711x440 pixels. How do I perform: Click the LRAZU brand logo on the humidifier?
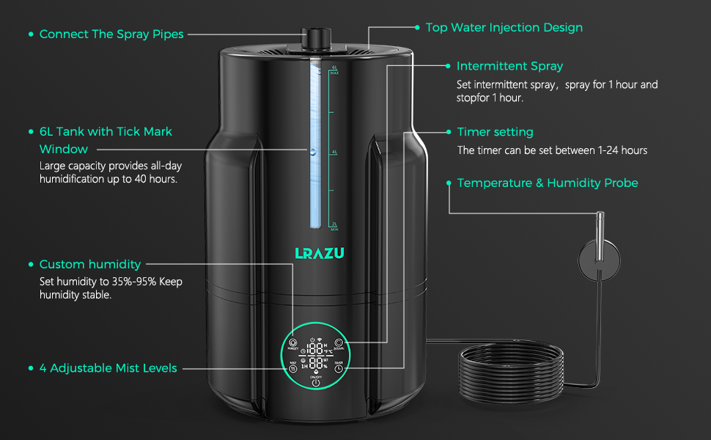319,253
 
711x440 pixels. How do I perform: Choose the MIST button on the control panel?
292,367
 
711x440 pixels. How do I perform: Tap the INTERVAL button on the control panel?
339,343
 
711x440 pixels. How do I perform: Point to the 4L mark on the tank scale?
334,152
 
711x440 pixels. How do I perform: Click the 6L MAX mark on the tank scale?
334,70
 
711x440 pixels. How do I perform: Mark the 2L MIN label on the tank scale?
334,226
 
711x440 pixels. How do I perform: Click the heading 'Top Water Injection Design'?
504,27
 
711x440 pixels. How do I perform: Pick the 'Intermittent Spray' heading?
509,66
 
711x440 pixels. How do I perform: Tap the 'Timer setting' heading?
495,132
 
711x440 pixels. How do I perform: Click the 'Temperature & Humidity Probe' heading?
548,183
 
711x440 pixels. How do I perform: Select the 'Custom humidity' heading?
90,264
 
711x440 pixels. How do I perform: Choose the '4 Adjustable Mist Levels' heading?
108,368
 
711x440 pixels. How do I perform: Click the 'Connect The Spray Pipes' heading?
111,34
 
